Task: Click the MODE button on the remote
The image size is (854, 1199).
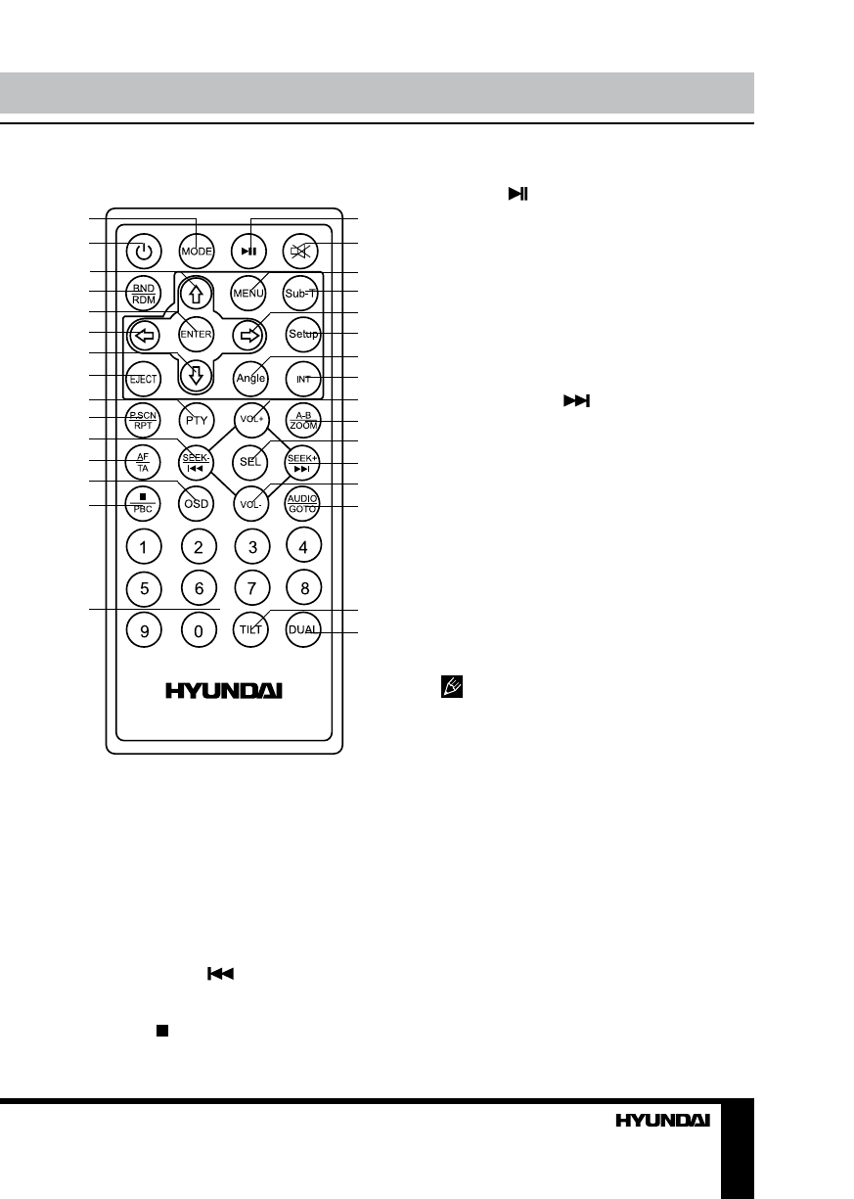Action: click(197, 251)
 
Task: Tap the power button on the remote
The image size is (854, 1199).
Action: click(144, 251)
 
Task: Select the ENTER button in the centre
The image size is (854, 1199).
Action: click(197, 334)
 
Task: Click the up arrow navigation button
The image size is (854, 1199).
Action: click(197, 292)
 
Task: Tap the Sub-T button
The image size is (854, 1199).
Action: click(303, 292)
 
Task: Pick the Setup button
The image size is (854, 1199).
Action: click(303, 335)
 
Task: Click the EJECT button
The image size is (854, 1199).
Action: click(144, 377)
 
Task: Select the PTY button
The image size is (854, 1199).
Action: click(197, 419)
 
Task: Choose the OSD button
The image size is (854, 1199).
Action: click(197, 504)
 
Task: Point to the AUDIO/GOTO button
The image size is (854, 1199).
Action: click(303, 504)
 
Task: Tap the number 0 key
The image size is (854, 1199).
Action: click(198, 631)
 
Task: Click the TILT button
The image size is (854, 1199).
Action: click(251, 631)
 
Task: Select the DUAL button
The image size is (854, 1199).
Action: click(303, 631)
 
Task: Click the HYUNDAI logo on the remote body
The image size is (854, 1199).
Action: click(223, 690)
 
